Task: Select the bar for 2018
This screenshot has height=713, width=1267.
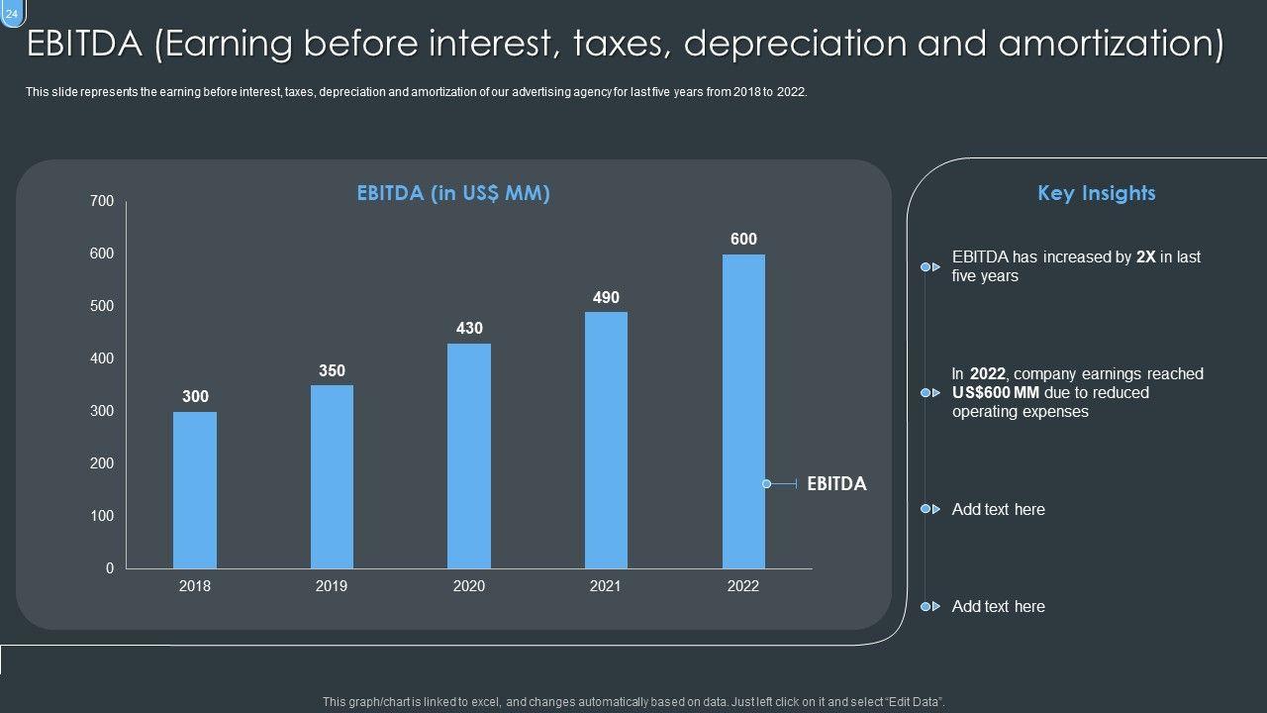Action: pos(195,489)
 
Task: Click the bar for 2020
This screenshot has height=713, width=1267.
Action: pos(469,456)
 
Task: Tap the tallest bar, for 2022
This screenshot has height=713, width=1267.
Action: pos(743,411)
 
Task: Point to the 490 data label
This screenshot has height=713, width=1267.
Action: pos(606,298)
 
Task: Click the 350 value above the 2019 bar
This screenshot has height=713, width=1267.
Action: pos(332,371)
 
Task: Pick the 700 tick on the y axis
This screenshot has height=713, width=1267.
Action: pos(102,201)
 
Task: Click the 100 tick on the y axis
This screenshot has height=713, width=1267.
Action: pos(102,516)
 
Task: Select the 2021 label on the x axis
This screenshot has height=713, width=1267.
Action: pos(606,586)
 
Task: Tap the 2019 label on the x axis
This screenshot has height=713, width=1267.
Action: pos(332,586)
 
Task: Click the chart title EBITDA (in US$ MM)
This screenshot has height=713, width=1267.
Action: pos(453,194)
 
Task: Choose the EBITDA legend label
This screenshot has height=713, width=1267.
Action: pos(836,484)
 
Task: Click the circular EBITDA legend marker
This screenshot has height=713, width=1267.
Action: pos(766,484)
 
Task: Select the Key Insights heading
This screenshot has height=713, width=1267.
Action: pos(1096,193)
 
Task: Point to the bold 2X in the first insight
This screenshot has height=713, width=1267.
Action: pos(1146,257)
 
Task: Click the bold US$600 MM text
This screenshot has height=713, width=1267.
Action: pos(996,393)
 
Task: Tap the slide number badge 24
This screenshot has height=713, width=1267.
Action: pos(12,13)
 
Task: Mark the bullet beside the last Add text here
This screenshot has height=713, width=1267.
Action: pos(926,606)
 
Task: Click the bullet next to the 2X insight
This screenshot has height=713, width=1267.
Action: pos(926,267)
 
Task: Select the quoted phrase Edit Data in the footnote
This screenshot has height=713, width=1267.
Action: pos(912,702)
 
